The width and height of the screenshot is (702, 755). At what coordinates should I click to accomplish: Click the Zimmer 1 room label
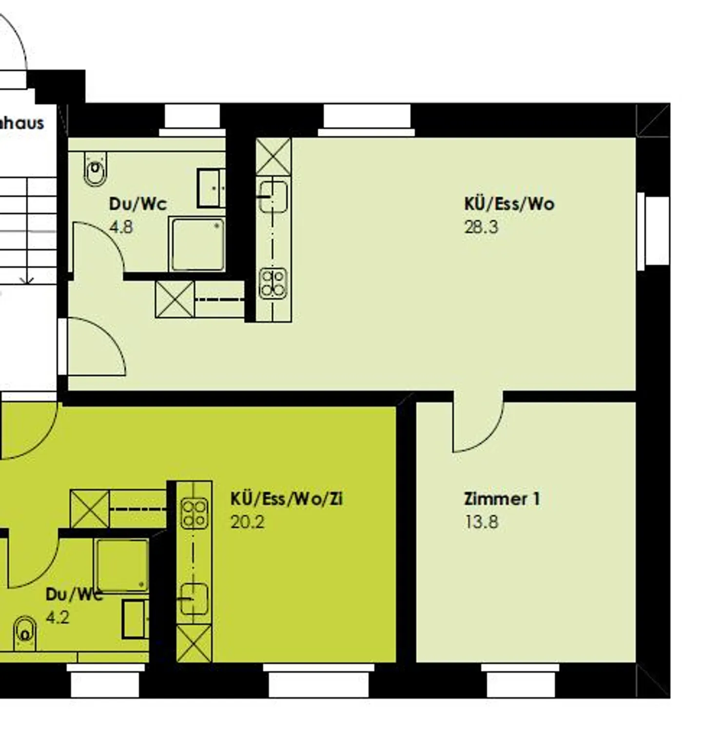(x=502, y=499)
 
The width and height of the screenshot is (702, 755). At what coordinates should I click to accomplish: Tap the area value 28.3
(x=481, y=227)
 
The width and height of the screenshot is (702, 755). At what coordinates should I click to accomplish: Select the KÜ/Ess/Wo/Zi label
(x=286, y=499)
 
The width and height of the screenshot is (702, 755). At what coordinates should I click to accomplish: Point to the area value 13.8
(x=481, y=522)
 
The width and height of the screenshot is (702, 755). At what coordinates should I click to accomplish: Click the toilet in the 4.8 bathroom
(x=96, y=168)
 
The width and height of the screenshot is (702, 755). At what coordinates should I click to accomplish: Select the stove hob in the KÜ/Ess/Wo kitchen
(x=273, y=284)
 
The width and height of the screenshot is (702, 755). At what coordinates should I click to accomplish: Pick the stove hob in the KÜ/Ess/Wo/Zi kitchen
(x=194, y=513)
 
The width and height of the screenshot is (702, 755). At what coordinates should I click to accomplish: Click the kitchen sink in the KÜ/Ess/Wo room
(x=273, y=196)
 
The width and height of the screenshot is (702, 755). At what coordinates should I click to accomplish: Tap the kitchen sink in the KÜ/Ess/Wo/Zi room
(x=194, y=599)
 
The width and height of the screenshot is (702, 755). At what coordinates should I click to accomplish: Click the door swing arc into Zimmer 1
(x=478, y=427)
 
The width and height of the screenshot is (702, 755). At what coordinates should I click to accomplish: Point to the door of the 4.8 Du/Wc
(x=97, y=246)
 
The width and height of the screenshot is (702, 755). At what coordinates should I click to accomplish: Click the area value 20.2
(x=247, y=522)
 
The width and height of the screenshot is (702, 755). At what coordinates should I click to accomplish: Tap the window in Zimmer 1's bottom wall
(x=520, y=680)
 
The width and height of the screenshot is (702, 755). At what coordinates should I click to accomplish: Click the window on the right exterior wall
(x=653, y=231)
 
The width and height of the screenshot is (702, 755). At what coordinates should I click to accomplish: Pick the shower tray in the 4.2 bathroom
(x=122, y=565)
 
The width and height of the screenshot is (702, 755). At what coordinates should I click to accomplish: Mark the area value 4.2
(x=58, y=618)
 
